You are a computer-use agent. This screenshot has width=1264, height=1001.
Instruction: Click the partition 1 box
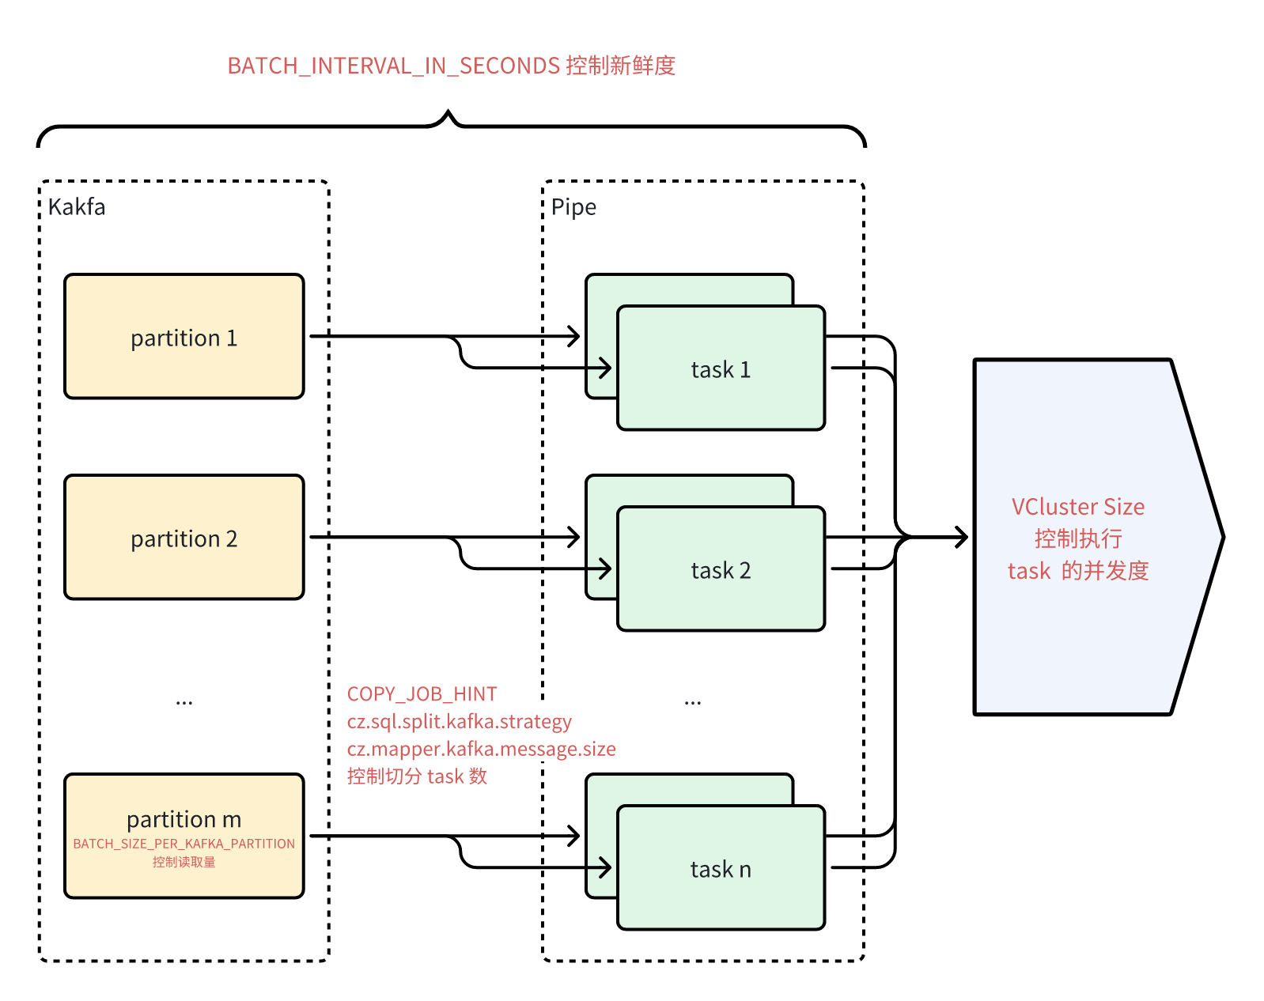click(184, 337)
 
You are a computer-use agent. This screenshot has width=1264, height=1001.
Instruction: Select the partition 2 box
click(184, 538)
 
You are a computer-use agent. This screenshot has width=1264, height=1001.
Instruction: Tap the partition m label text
click(184, 819)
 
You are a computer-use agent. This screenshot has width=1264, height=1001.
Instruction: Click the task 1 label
click(721, 369)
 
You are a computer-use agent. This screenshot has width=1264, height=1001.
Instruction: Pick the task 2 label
click(721, 570)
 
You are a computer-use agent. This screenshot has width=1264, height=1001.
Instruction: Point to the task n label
click(721, 869)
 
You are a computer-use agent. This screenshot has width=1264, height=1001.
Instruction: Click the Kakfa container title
click(77, 207)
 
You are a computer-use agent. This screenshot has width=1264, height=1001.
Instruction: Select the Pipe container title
click(573, 207)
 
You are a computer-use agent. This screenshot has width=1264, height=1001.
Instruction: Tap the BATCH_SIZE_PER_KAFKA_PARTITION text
click(184, 844)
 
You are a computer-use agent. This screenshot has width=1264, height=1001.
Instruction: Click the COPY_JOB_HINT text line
click(422, 694)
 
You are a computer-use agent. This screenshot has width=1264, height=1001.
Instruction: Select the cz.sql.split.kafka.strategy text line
click(459, 722)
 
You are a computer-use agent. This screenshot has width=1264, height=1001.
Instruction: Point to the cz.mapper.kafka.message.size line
click(481, 749)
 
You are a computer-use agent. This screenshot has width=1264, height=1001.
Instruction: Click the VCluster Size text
click(1077, 507)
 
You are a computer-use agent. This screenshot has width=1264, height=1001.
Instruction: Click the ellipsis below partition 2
click(184, 701)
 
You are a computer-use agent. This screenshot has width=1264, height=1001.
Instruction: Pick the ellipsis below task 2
click(692, 701)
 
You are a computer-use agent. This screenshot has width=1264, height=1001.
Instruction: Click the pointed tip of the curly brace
click(448, 113)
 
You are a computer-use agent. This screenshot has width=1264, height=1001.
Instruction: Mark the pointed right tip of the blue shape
click(1222, 538)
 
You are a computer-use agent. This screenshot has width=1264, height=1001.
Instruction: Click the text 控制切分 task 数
click(417, 776)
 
